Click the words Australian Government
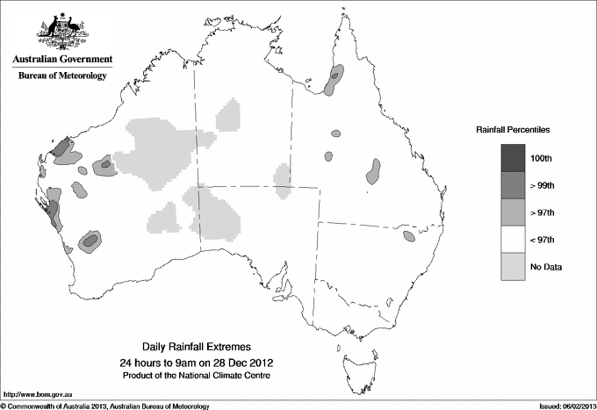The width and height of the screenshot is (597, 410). coord(62,60)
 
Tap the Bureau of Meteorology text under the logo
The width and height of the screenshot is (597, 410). coord(62,76)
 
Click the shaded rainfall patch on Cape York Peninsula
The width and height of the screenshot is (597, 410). coord(333,80)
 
